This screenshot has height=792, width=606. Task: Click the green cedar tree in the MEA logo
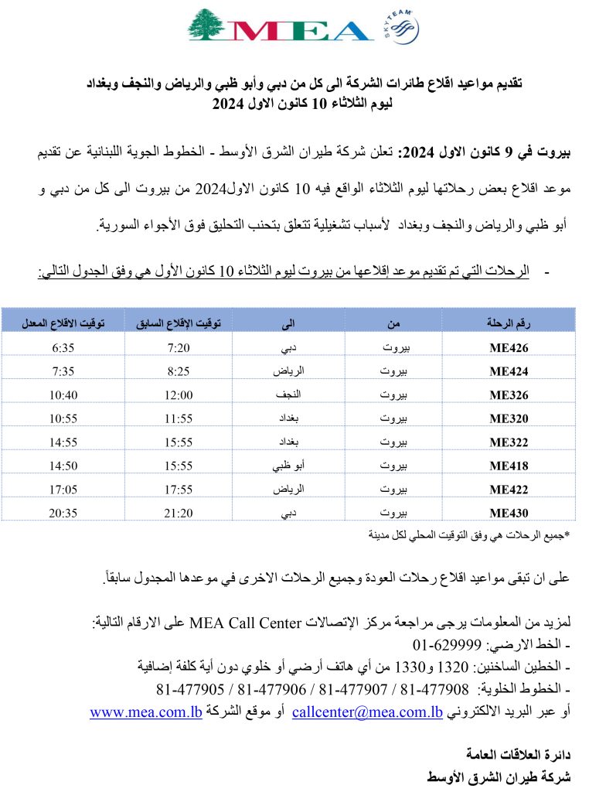pyautogui.click(x=209, y=26)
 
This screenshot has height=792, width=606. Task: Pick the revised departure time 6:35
pyautogui.click(x=63, y=347)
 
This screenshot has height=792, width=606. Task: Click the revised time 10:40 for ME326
pyautogui.click(x=63, y=394)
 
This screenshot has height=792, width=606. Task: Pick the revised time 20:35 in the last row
pyautogui.click(x=63, y=511)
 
